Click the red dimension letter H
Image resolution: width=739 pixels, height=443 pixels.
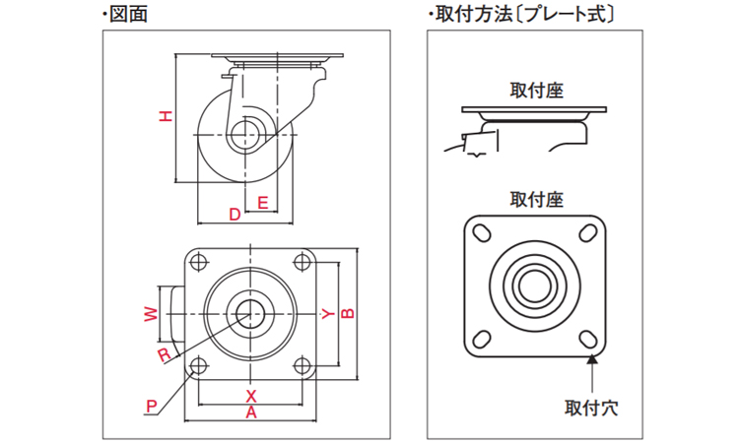(167, 117)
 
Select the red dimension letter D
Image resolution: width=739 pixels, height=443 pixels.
(235, 214)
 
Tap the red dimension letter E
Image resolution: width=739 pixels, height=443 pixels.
(262, 203)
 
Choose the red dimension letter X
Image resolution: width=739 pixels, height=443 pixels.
(250, 395)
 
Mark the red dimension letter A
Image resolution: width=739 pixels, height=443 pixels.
(250, 413)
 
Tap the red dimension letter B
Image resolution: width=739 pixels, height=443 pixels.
(347, 314)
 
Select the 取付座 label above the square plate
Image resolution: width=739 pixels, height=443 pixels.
(536, 199)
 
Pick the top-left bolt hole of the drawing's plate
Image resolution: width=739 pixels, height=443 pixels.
(197, 263)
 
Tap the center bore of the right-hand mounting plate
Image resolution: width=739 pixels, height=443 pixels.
(535, 285)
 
